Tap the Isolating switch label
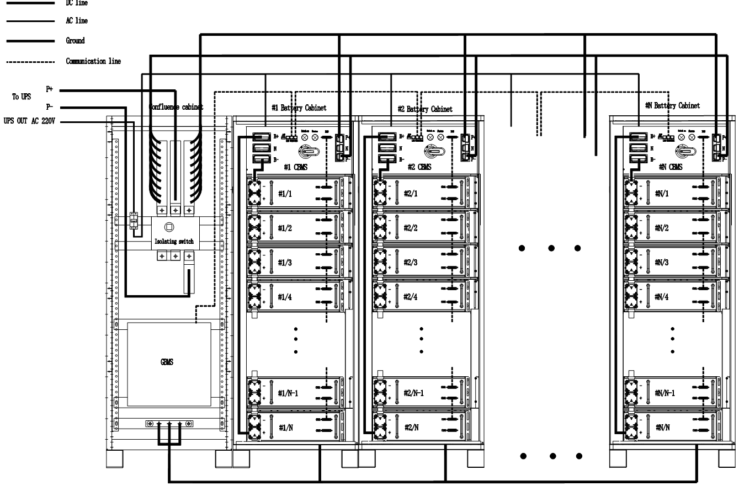[x=174, y=242]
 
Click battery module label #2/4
[x=411, y=297]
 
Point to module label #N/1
[x=662, y=193]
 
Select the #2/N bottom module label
[x=411, y=427]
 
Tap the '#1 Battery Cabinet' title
[x=299, y=108]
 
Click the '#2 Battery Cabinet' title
[x=425, y=109]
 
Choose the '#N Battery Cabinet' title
[x=672, y=105]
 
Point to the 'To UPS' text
[x=22, y=97]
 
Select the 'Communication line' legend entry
[x=93, y=61]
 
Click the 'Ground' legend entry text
[x=75, y=41]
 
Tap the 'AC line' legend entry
[x=76, y=21]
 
